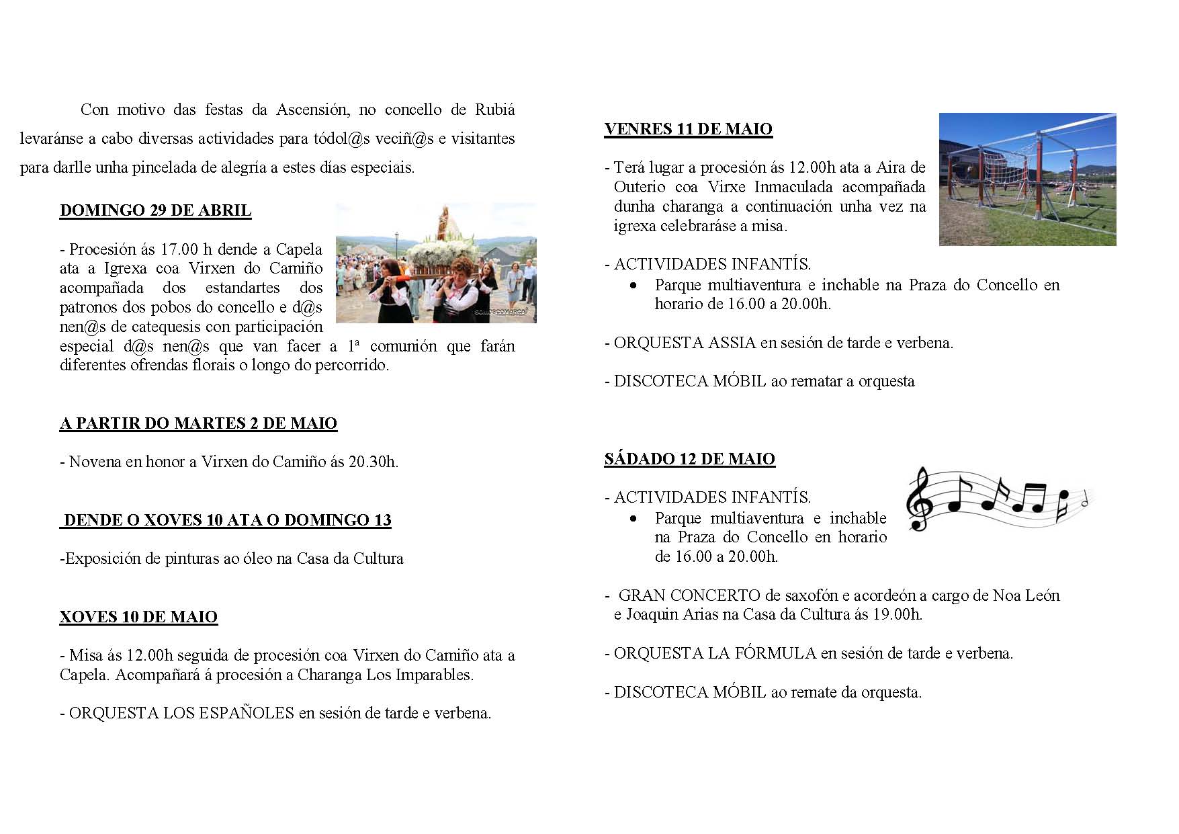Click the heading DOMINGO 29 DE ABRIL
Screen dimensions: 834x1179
[x=155, y=210]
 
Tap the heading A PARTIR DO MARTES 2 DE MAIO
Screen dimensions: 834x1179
[x=198, y=423]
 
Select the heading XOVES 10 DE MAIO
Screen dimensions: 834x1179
[x=138, y=617]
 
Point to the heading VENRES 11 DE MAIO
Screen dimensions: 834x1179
[x=688, y=129]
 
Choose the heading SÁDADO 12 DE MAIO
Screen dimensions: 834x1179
[x=689, y=459]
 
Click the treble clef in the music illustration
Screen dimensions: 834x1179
[x=919, y=499]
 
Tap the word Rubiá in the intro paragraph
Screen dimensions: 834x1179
[x=495, y=110]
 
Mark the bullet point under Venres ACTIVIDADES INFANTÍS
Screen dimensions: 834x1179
[x=634, y=286]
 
